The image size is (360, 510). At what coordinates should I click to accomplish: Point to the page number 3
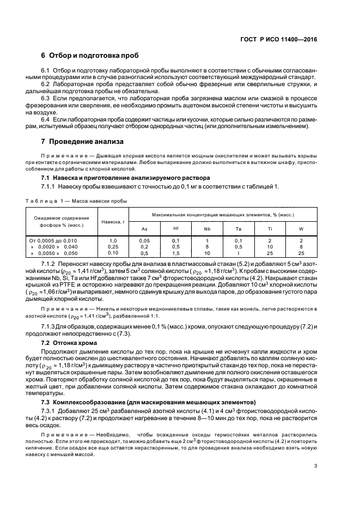coord(315,466)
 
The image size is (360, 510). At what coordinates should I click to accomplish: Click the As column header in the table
coord(144,229)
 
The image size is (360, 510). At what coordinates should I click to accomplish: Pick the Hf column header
coord(176,229)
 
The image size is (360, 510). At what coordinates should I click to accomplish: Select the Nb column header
coord(207,229)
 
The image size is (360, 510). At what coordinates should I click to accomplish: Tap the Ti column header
coord(270,229)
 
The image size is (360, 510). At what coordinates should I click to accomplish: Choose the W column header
coord(301,229)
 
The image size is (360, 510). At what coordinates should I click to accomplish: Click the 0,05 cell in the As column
coord(144,240)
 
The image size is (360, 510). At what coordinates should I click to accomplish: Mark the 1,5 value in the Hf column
coord(176,253)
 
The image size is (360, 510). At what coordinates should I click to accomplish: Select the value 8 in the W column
coord(301,247)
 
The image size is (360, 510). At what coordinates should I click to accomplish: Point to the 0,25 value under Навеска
coord(113,247)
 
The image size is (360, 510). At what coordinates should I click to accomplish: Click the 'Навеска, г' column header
coord(113,222)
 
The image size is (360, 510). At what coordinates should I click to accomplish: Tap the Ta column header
coord(239,229)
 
